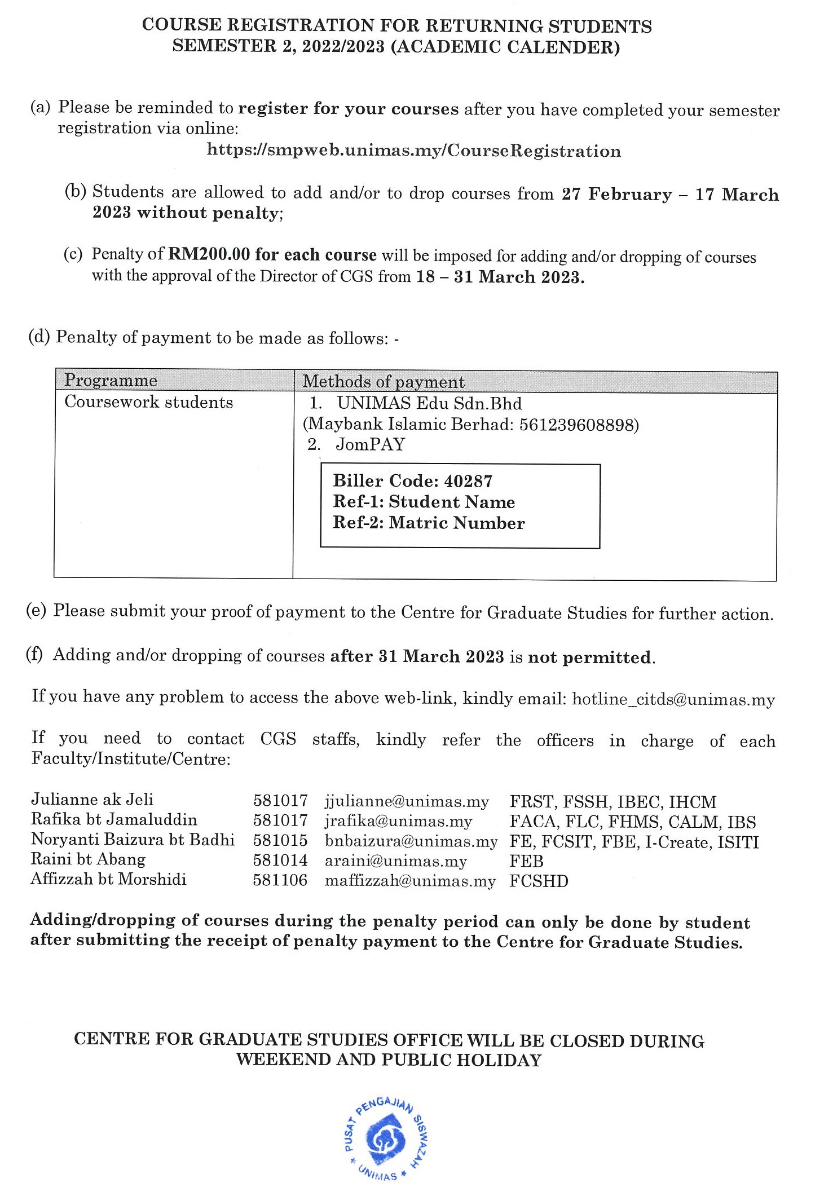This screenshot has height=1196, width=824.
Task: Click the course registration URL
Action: (414, 151)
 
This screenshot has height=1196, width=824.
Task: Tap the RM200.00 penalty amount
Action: (209, 254)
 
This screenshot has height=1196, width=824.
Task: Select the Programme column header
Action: (111, 381)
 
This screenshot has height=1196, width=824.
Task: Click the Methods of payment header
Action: (384, 382)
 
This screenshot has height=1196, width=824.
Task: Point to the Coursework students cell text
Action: (148, 403)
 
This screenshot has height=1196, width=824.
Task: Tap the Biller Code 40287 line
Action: (412, 481)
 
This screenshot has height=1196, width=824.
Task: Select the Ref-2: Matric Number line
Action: (429, 523)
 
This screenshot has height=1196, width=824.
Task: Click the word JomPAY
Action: (371, 445)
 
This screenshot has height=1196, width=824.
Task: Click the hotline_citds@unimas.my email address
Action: (673, 700)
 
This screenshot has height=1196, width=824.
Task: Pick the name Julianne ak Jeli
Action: (92, 800)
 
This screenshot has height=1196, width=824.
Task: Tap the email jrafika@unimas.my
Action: (398, 822)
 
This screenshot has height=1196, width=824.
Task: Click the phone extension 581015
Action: (280, 841)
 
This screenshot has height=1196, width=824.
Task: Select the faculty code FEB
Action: (526, 861)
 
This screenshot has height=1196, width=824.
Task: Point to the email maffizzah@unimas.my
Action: (410, 881)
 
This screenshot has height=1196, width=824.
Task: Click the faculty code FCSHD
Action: (539, 881)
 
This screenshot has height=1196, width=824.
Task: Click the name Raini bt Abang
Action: (88, 860)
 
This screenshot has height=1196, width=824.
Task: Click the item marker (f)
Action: (34, 655)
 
